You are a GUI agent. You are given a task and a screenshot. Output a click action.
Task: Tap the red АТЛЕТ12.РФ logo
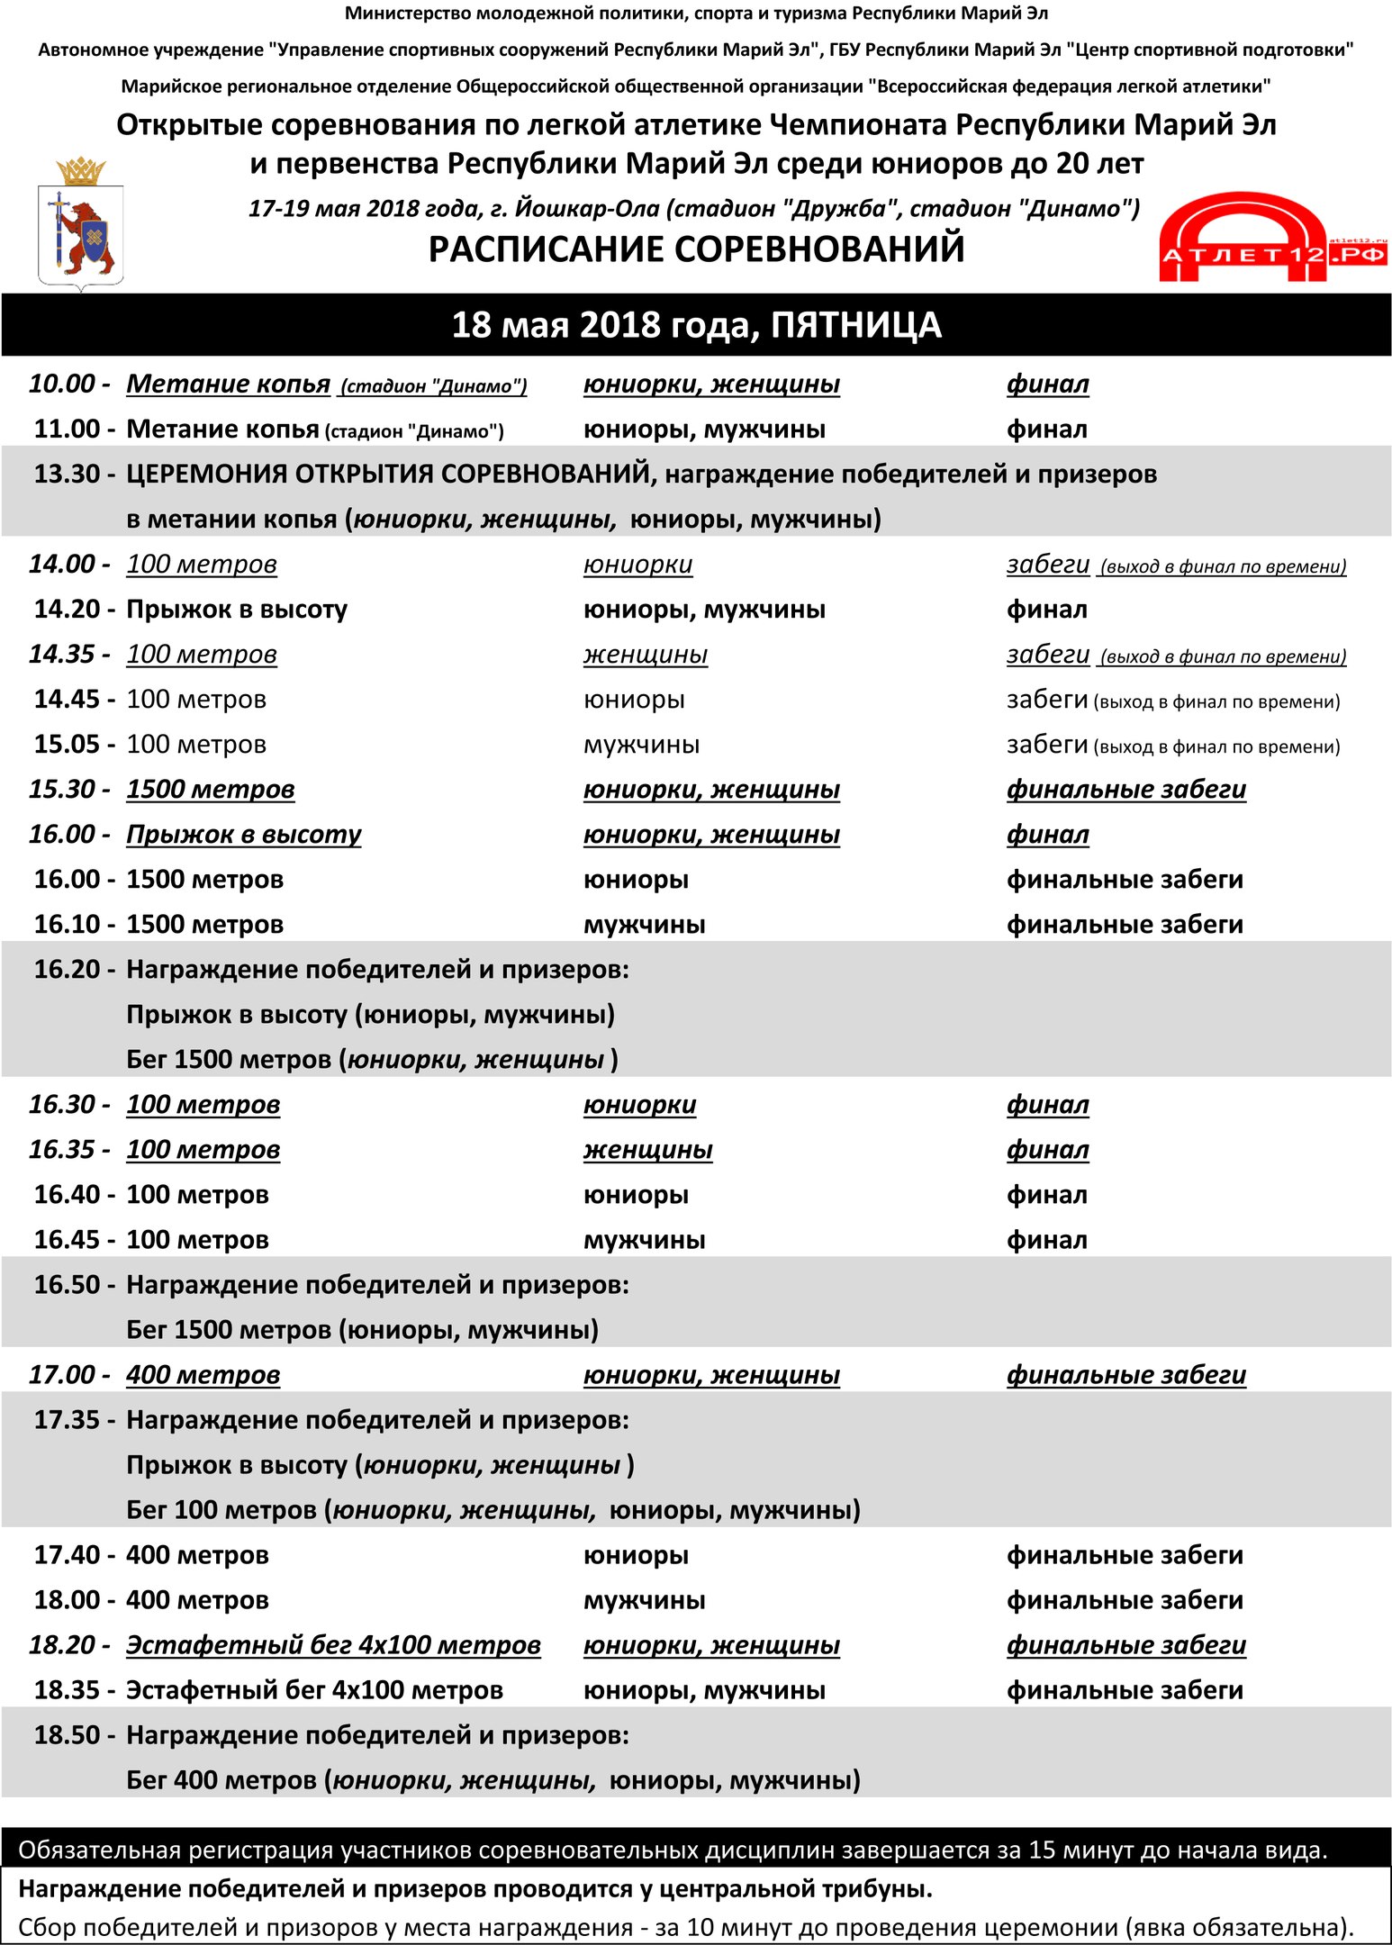coord(1271,240)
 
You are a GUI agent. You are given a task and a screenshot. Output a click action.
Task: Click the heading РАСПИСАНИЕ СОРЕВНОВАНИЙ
coord(696,249)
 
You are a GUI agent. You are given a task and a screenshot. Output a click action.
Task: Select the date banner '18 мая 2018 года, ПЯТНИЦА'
coord(696,325)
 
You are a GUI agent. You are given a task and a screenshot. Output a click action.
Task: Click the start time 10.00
coord(62,384)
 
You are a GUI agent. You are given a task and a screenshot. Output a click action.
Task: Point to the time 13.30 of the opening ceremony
coord(68,475)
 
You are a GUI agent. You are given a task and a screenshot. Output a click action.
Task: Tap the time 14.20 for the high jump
coord(68,610)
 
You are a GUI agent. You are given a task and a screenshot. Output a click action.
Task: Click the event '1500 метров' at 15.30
coord(210,790)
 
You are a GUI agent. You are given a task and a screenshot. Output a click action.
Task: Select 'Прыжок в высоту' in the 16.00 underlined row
coord(243,835)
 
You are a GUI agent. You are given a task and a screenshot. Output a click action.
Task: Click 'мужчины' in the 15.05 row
coord(641,745)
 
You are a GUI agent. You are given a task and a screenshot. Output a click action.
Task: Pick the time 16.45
coord(68,1240)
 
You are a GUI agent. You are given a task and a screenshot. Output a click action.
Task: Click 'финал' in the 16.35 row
coord(1047,1150)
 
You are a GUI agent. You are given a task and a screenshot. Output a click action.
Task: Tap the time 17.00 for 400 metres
coord(62,1375)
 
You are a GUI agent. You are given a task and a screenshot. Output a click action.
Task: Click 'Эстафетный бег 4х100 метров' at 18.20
coord(333,1645)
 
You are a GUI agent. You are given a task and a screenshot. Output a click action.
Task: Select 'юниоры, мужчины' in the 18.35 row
coord(704,1690)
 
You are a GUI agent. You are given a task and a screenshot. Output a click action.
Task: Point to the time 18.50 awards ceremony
coord(68,1735)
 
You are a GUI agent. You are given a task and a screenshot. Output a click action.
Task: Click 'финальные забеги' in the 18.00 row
coord(1125,1600)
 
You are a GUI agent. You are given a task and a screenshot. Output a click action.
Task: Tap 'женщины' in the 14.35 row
coord(645,655)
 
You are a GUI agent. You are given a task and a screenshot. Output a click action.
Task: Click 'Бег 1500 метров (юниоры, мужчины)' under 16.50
coord(362,1330)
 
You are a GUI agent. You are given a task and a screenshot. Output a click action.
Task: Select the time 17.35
coord(68,1420)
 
